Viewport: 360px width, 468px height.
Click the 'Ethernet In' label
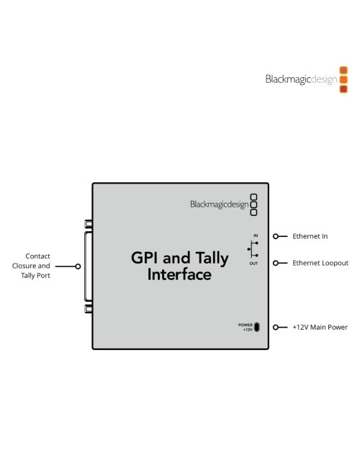[x=310, y=236]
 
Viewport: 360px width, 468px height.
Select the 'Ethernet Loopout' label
[x=320, y=264]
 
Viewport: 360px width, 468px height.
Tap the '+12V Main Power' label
[x=320, y=327]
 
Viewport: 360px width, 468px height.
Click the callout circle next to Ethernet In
[x=276, y=236]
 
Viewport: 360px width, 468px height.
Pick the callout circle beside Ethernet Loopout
[x=276, y=264]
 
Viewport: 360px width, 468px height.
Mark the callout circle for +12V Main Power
[x=276, y=327]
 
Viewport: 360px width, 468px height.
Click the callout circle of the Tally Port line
[x=78, y=266]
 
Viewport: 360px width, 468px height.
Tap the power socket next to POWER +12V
[x=257, y=327]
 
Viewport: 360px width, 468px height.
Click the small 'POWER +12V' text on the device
[x=246, y=327]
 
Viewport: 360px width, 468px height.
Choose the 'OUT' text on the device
[x=255, y=264]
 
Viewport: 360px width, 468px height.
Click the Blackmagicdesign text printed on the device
[x=218, y=204]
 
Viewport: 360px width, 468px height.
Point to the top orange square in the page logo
[x=343, y=71]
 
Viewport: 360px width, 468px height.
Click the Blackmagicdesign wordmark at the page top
[x=300, y=80]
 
